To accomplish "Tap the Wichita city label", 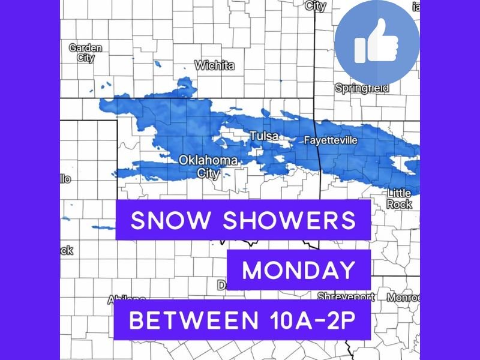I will coord(214,65).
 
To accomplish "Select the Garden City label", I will coord(85,53).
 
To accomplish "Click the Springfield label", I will coord(361,88).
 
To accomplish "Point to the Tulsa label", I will coord(263,136).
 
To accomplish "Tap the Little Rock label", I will coord(400,199).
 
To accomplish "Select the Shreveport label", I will coord(346,296).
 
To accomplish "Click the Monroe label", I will coord(403,297).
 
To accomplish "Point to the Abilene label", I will coord(127,299).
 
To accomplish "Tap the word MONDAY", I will coord(298,271).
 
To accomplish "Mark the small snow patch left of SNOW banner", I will coord(103,228).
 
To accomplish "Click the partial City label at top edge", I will coord(316,5).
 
